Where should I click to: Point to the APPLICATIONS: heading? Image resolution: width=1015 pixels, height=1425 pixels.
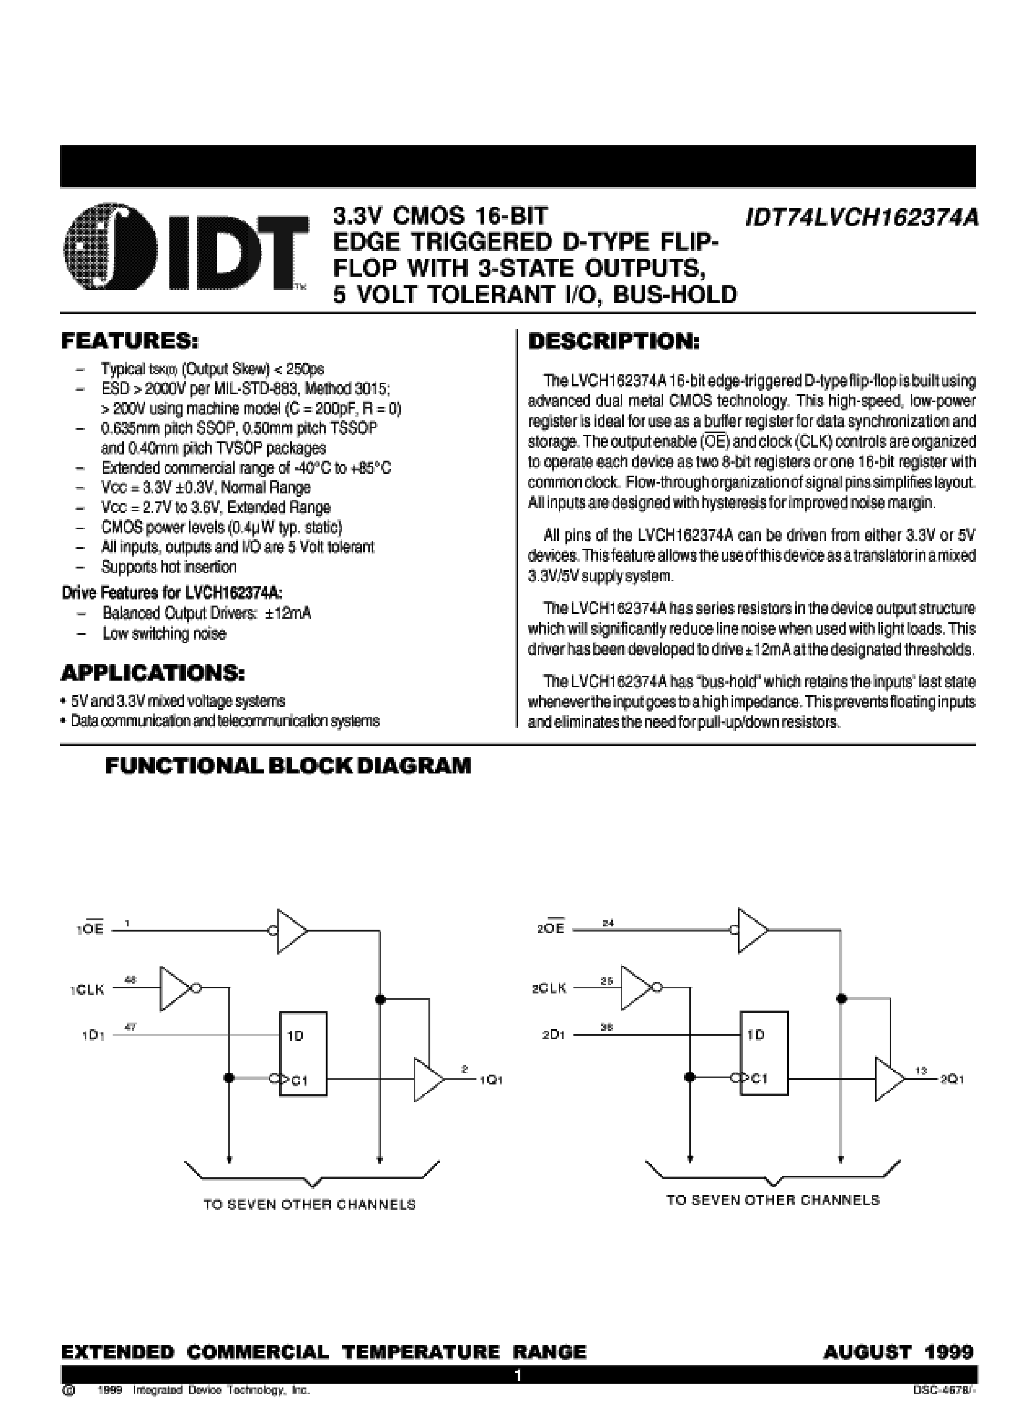(x=153, y=674)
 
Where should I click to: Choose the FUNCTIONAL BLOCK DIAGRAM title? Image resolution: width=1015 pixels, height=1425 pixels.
(x=288, y=766)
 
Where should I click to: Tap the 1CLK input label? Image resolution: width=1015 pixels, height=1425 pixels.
(x=87, y=990)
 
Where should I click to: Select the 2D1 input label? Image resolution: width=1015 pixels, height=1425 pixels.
(x=553, y=1035)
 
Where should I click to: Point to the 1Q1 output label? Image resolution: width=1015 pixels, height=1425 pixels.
(x=491, y=1079)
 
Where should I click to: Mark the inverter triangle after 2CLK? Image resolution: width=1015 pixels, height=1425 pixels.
(x=636, y=988)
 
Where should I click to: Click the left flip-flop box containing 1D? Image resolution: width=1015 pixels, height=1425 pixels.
(x=303, y=1054)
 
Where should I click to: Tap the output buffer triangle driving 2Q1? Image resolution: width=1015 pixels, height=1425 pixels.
(x=889, y=1079)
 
